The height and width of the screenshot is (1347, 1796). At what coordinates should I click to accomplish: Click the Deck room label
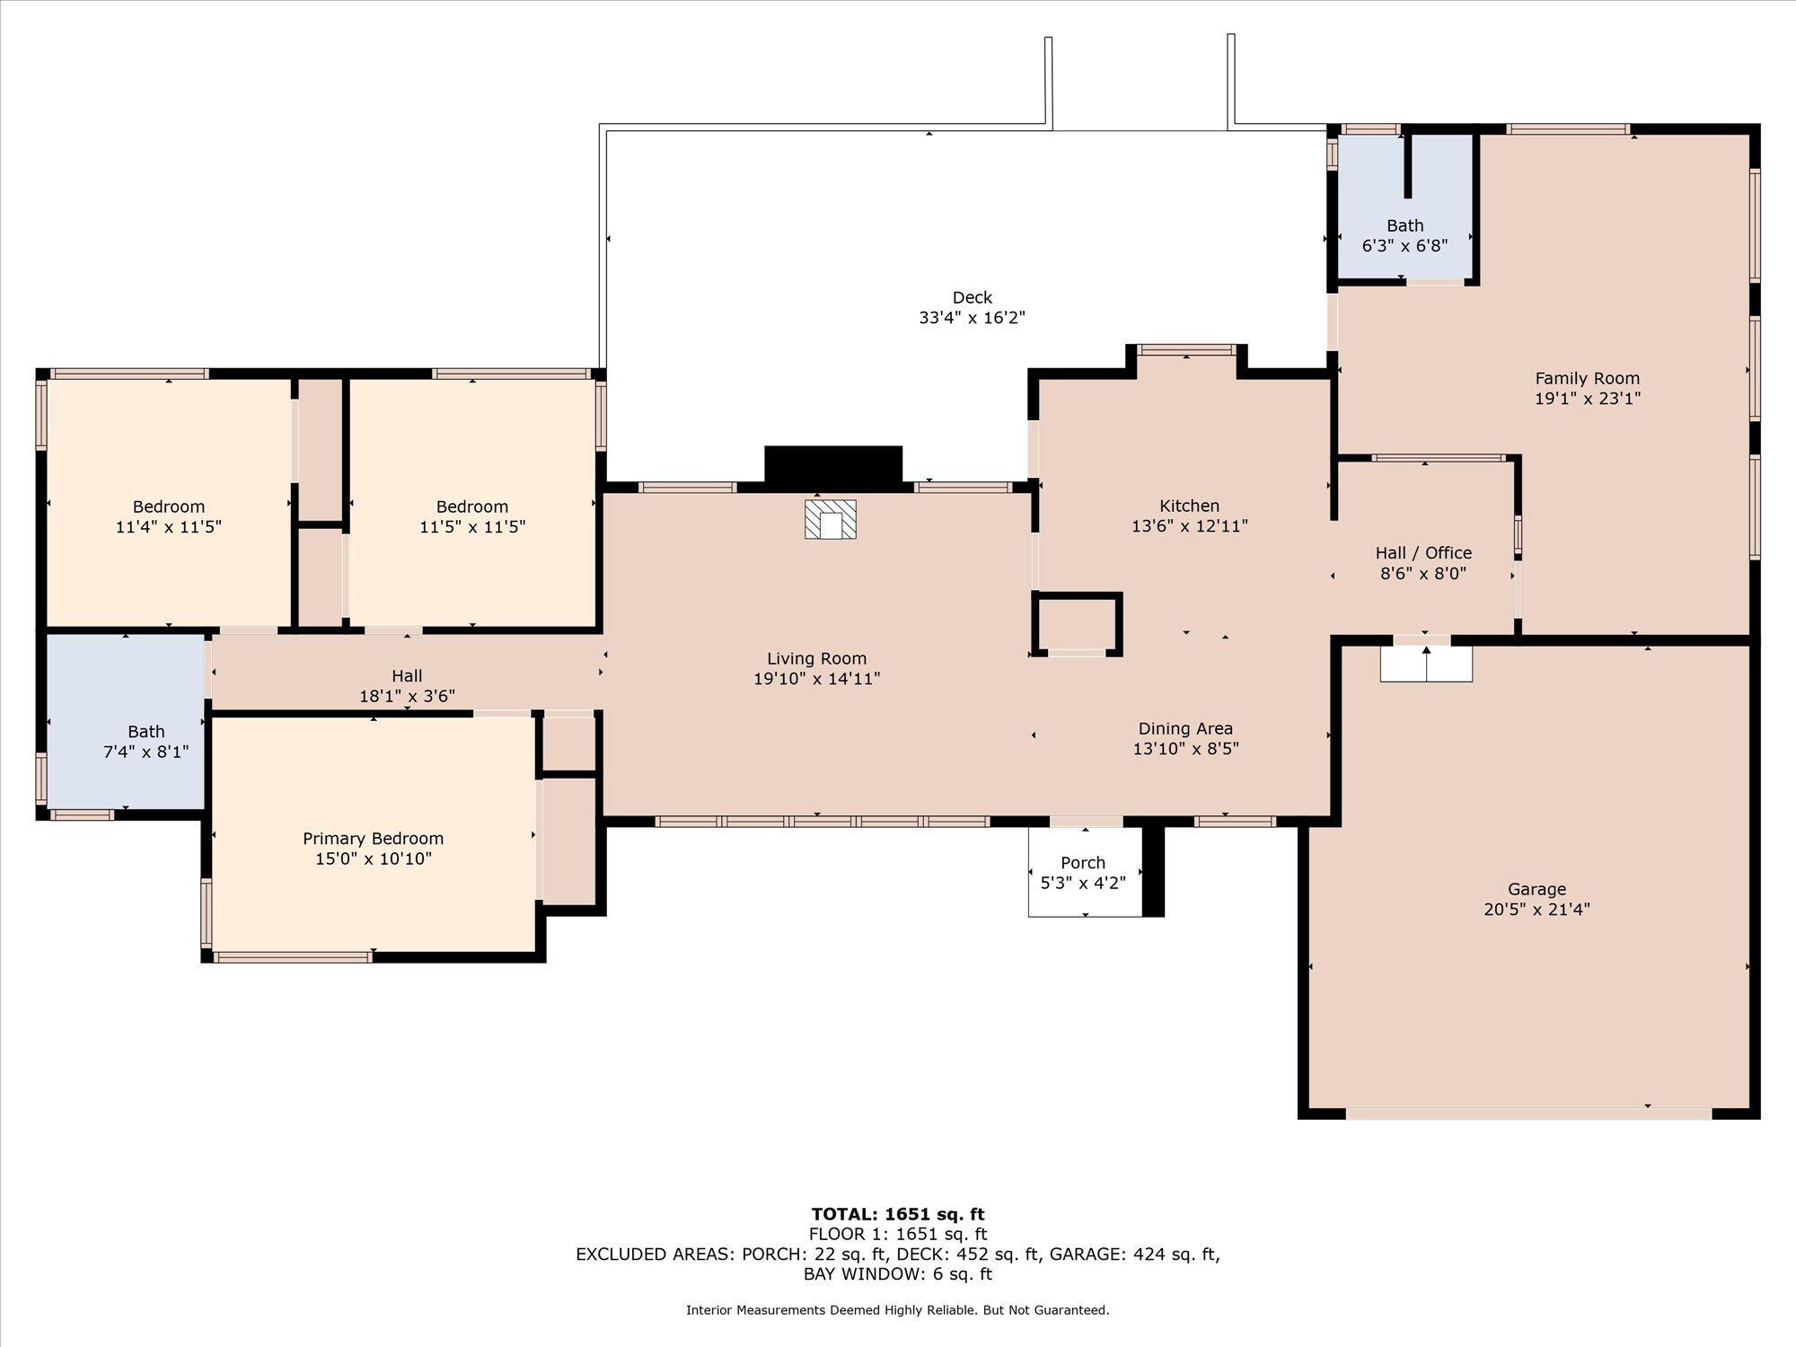click(972, 297)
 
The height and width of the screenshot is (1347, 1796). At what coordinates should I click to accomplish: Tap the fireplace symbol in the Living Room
click(830, 519)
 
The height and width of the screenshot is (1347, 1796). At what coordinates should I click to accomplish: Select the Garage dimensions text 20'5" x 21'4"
click(1536, 909)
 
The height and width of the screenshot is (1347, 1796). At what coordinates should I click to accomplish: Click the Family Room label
click(1587, 378)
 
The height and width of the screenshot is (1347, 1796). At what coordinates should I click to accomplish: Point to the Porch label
click(1083, 862)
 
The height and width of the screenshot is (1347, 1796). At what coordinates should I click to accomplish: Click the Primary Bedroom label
click(373, 838)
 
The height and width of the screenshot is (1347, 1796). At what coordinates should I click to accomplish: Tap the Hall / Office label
click(1423, 552)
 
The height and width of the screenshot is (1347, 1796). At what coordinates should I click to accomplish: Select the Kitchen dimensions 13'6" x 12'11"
click(1189, 526)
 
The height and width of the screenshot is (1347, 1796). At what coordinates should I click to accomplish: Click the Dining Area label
click(1185, 728)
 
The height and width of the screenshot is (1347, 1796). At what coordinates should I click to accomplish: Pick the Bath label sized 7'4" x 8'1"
click(145, 731)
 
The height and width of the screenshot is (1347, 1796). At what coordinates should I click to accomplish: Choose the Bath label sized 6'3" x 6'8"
click(1404, 225)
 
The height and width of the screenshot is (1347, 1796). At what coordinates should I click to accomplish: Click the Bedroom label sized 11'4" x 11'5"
click(169, 506)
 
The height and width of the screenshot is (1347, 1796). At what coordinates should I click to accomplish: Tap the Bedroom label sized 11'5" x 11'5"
click(472, 506)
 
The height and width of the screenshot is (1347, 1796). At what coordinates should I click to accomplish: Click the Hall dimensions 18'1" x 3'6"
click(407, 696)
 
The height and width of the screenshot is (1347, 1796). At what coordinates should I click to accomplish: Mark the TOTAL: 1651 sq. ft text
click(898, 1214)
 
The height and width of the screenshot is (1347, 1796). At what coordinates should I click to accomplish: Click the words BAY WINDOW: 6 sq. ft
click(898, 1273)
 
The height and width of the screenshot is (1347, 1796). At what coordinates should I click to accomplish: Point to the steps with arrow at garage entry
click(1426, 664)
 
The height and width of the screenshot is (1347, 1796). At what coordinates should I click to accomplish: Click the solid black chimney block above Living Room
click(832, 465)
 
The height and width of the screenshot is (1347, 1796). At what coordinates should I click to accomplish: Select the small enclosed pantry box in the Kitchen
click(1077, 623)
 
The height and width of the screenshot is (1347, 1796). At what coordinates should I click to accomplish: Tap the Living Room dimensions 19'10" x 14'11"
click(816, 679)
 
